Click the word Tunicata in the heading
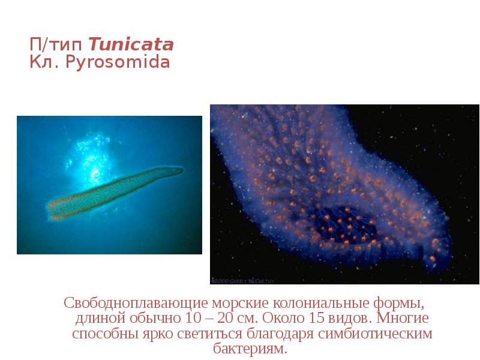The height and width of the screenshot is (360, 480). [131, 44]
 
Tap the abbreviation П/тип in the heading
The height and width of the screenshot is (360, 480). [58, 44]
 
